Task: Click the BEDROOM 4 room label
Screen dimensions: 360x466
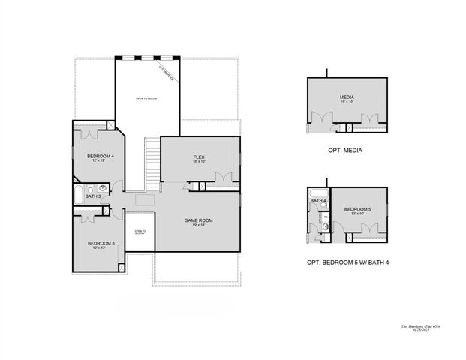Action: pyautogui.click(x=100, y=156)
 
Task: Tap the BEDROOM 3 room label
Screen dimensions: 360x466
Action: pyautogui.click(x=100, y=243)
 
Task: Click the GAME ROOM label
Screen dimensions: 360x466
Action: pyautogui.click(x=200, y=220)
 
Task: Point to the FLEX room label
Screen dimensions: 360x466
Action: pyautogui.click(x=199, y=157)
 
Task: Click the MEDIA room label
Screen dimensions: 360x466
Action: pyautogui.click(x=346, y=97)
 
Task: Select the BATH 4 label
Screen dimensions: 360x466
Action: pyautogui.click(x=318, y=201)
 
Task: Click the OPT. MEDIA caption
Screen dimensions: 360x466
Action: pyautogui.click(x=345, y=151)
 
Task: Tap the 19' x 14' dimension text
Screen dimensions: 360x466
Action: pyautogui.click(x=200, y=226)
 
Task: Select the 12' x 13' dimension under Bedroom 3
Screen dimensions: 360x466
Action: pyautogui.click(x=100, y=248)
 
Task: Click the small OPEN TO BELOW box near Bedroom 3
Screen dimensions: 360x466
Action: pyautogui.click(x=140, y=232)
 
